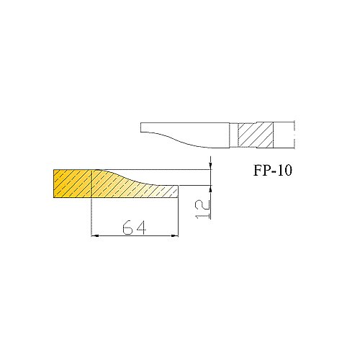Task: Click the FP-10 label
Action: tap(273, 171)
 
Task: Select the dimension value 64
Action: tap(134, 228)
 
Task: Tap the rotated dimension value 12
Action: tap(203, 210)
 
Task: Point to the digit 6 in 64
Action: tap(127, 228)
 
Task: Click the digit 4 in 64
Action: tap(141, 228)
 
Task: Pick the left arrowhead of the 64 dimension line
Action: tap(95, 236)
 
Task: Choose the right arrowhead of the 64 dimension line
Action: tap(175, 236)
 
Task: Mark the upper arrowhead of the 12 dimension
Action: tap(210, 166)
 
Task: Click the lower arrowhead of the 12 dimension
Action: tap(210, 189)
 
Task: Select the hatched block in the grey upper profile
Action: tap(256, 135)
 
